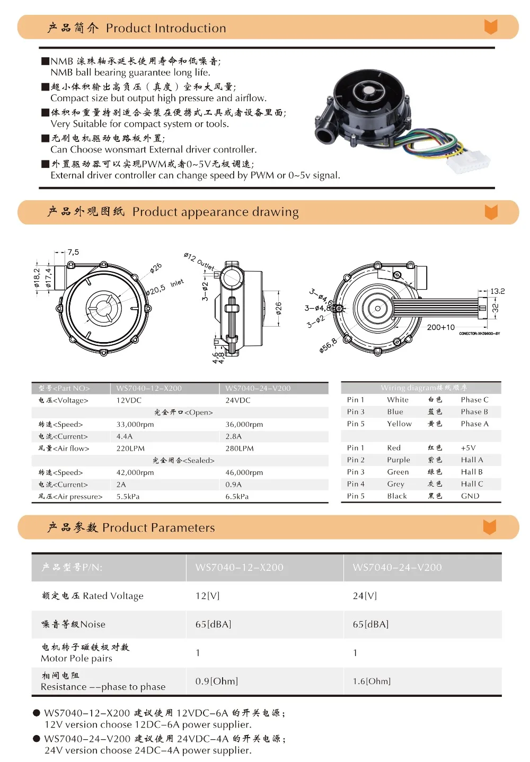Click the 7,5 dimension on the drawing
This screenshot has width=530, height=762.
[x=73, y=252]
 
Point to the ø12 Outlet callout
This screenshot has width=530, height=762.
[x=199, y=261]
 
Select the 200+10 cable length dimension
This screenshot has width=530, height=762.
[x=440, y=327]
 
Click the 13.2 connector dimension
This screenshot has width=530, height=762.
[x=497, y=291]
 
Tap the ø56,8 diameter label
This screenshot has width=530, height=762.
[x=328, y=345]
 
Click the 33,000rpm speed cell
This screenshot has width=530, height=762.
[x=135, y=424]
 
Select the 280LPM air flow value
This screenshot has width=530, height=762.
[x=240, y=449]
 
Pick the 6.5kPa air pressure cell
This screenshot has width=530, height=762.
[x=237, y=496]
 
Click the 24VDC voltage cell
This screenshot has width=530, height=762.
[x=237, y=400]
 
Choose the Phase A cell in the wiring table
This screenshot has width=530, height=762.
[x=474, y=424]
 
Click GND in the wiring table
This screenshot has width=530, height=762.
[x=470, y=496]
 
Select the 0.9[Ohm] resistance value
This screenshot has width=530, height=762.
[x=216, y=681]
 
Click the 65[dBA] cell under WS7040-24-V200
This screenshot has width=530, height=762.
[x=370, y=624]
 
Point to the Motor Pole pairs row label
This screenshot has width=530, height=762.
[x=76, y=658]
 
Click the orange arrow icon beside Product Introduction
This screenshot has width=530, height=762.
[x=491, y=26]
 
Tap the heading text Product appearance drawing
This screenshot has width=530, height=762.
[x=216, y=212]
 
